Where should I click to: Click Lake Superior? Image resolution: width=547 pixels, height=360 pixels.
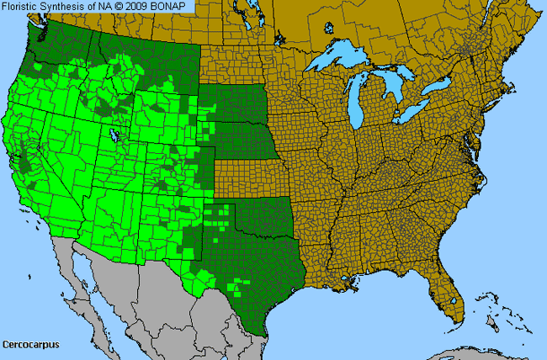341,61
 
